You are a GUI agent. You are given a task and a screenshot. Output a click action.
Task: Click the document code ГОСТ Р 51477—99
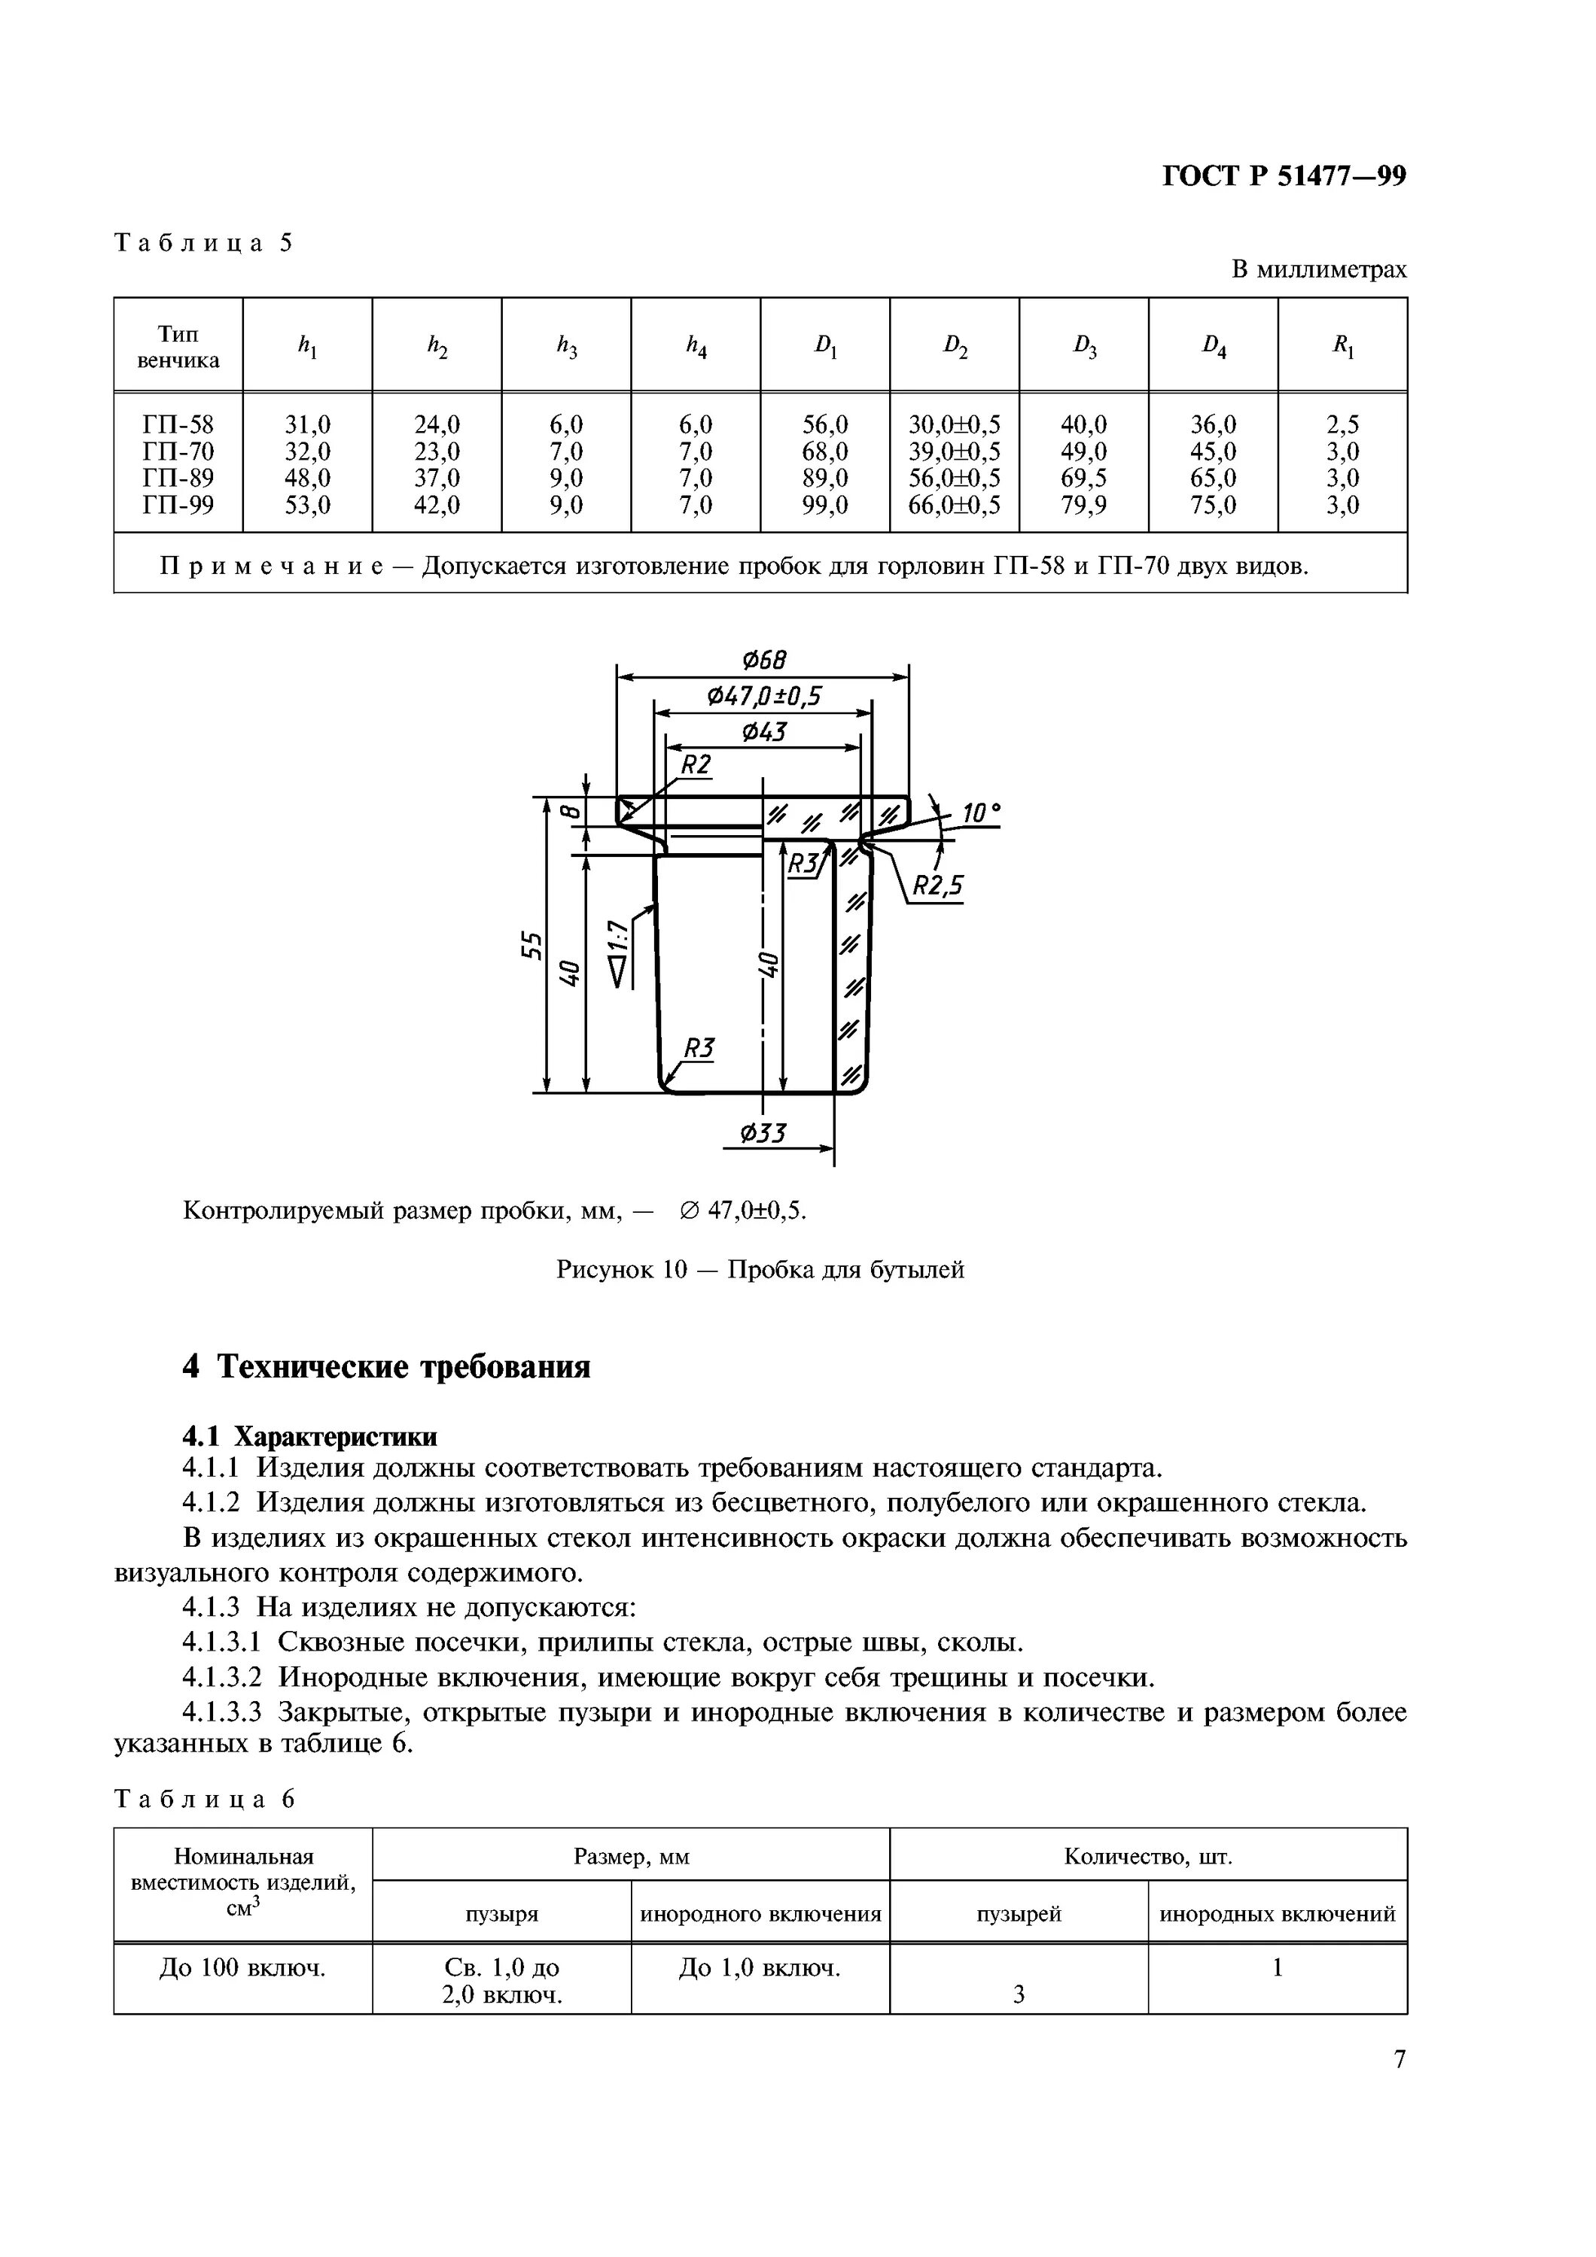[x=1284, y=176]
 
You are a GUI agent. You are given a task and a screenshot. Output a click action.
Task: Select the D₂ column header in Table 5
[x=955, y=345]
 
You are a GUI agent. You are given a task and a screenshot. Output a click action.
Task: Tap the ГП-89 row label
[x=178, y=478]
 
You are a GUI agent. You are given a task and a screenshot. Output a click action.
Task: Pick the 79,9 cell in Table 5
[x=1083, y=506]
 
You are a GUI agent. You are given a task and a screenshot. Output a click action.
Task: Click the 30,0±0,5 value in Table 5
[x=955, y=424]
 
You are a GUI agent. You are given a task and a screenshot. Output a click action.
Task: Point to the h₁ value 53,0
[x=308, y=506]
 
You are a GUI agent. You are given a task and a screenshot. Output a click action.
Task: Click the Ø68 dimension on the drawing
[x=764, y=658]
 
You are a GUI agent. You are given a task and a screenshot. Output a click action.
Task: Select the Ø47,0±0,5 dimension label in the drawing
[x=764, y=696]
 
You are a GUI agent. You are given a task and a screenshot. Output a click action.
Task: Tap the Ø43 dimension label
[x=763, y=731]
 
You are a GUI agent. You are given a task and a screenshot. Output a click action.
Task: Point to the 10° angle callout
[x=980, y=813]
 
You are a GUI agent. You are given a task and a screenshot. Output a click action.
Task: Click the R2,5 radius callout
[x=937, y=887]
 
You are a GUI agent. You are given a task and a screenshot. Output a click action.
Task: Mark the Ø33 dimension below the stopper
[x=763, y=1134]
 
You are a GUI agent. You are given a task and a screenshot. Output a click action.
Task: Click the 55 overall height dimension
[x=531, y=946]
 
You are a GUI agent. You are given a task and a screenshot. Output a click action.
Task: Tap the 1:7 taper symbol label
[x=617, y=939]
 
